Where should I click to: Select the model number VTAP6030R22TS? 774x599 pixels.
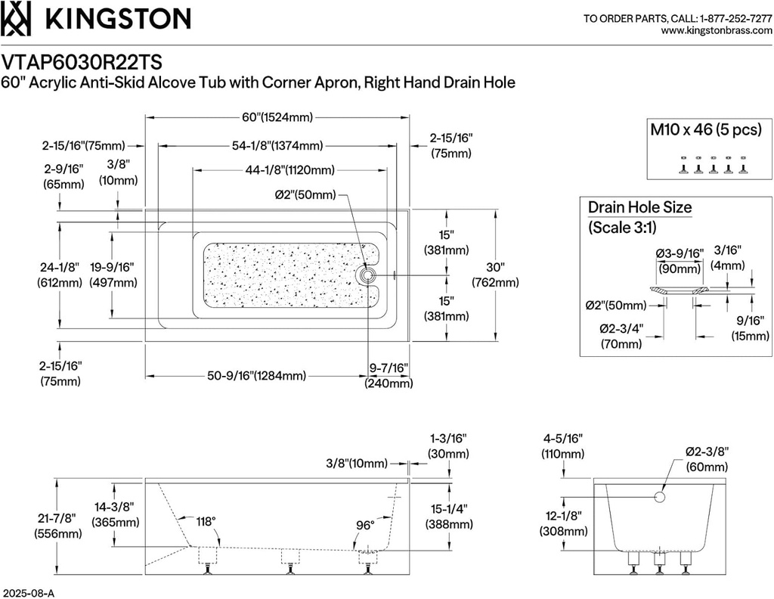(x=82, y=60)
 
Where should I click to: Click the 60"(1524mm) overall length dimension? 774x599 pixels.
(x=277, y=117)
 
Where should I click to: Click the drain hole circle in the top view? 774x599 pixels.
(x=369, y=275)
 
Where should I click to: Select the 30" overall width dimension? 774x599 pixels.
(x=495, y=275)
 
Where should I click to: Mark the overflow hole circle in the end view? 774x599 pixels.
(x=658, y=497)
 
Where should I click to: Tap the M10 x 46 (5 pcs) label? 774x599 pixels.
(x=706, y=129)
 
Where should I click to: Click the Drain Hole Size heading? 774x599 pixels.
(x=639, y=207)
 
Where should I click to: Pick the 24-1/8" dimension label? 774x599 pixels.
(x=59, y=274)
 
